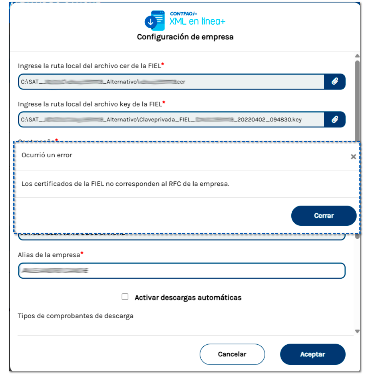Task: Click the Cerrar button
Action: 324,216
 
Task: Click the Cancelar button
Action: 232,354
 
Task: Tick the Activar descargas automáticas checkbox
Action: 125,297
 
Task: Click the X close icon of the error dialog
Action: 353,157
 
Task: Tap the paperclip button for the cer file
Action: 334,81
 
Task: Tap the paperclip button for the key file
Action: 334,119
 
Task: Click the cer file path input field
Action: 171,81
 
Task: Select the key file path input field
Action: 171,119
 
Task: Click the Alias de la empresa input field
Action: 181,271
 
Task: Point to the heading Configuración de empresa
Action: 185,37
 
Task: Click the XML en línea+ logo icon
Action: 155,21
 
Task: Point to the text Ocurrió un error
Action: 47,155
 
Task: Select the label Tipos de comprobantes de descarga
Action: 76,316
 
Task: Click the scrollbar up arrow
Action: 357,56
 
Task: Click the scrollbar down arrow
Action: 357,331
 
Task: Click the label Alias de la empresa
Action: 49,255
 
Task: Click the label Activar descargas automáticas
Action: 188,298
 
